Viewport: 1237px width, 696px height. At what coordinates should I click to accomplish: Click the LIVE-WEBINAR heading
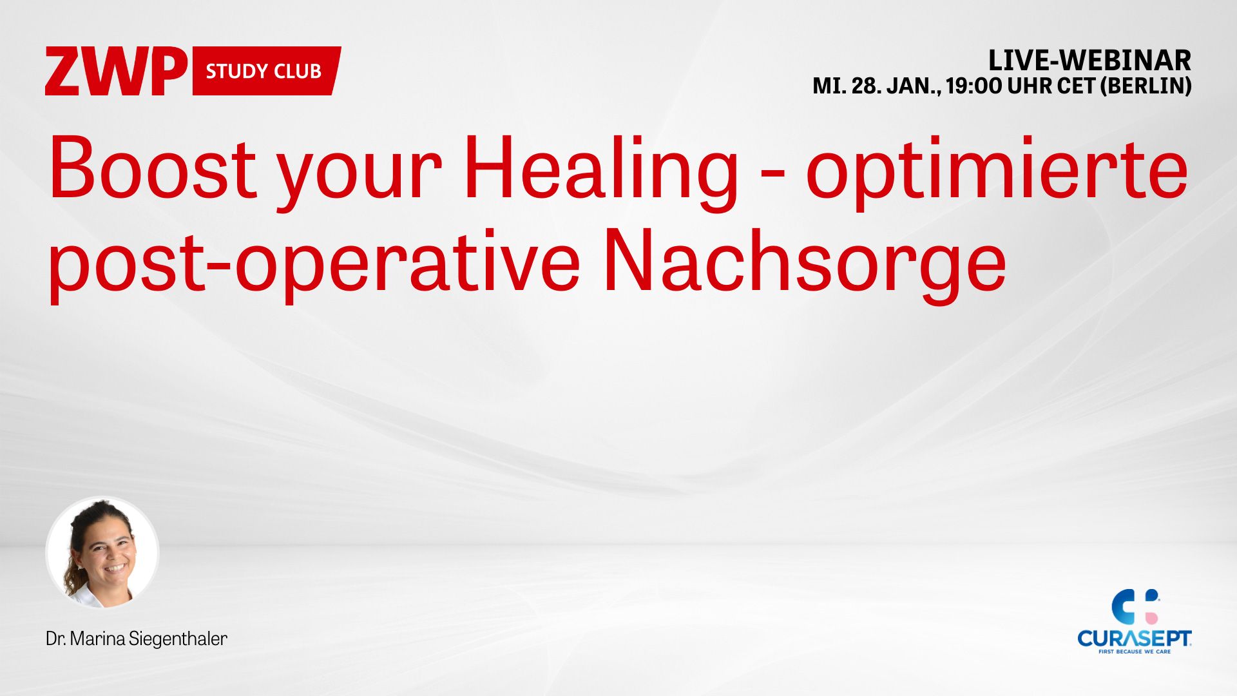[1089, 61]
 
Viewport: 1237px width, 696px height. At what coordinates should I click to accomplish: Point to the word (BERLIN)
[1146, 86]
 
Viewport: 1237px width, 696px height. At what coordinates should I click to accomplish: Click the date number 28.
[865, 86]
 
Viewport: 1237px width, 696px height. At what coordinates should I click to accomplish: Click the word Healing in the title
[601, 171]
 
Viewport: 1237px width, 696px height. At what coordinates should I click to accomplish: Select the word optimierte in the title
[997, 171]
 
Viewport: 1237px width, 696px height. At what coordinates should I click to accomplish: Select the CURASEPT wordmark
[1135, 639]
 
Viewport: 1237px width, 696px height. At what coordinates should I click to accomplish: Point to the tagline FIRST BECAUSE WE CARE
[1135, 652]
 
